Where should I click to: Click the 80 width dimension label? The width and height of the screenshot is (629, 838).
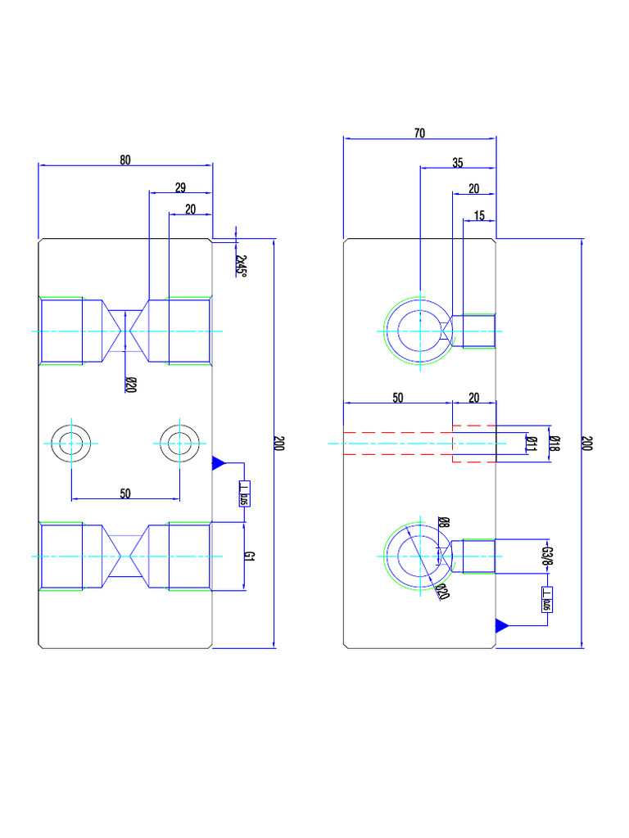coord(124,160)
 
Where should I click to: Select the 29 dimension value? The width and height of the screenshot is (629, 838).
coord(180,187)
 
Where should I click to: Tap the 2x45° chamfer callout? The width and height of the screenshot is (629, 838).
coord(241,264)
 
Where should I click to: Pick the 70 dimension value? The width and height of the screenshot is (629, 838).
coord(419,134)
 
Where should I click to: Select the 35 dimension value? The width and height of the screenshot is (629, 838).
coord(457,163)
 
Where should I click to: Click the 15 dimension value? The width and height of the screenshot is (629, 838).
coord(479,216)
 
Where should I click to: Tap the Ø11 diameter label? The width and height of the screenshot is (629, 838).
coord(531,444)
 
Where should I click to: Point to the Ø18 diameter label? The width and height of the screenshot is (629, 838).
coord(554,444)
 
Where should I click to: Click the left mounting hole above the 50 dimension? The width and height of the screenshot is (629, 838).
coord(72,444)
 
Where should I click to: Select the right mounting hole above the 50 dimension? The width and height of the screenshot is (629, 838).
coord(179,444)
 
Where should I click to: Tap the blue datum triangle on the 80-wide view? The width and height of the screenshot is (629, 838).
coord(218,463)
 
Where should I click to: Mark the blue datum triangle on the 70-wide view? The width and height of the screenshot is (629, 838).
coord(502,625)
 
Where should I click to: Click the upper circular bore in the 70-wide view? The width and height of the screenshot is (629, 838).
coord(419,331)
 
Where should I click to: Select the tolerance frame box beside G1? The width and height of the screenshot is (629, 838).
coord(243,493)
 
